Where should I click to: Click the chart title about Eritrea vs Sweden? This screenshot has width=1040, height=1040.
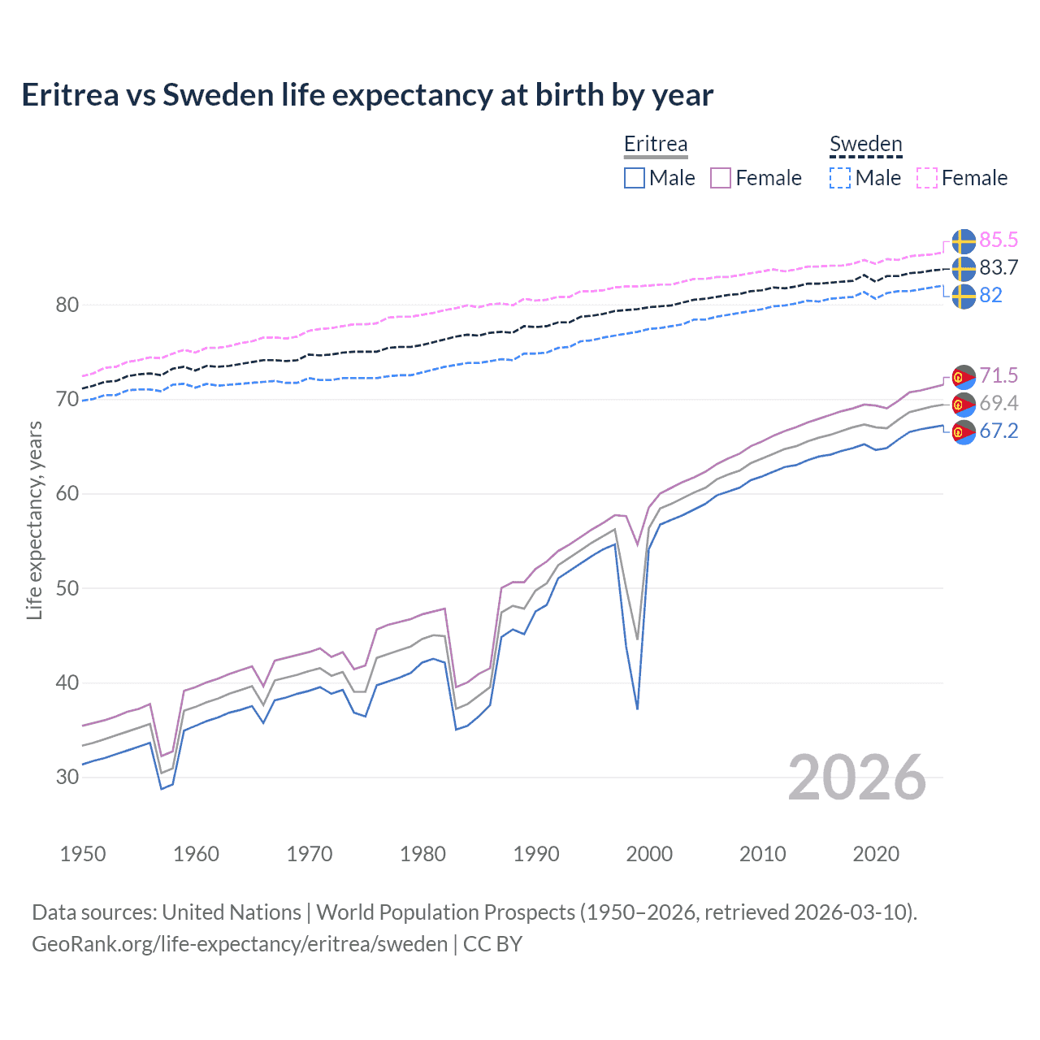[x=367, y=95]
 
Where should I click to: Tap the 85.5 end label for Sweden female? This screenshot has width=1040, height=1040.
[x=999, y=240]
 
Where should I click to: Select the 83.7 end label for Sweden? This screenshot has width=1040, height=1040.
[x=999, y=267]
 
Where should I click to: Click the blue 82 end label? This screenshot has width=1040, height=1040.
[x=990, y=295]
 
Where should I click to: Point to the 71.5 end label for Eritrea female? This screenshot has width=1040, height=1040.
[x=999, y=375]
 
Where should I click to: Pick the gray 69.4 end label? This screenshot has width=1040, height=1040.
[x=999, y=403]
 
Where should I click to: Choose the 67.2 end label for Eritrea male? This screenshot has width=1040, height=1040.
[x=999, y=431]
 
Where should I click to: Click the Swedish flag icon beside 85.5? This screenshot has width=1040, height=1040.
[x=964, y=241]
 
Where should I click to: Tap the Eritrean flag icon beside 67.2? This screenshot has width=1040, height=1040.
[x=964, y=432]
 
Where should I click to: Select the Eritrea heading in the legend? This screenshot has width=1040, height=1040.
[x=656, y=144]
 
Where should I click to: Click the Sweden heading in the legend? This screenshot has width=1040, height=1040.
[x=865, y=144]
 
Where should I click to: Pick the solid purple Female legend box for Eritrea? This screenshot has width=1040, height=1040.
[x=721, y=178]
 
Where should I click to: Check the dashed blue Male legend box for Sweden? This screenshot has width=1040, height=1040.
[x=840, y=178]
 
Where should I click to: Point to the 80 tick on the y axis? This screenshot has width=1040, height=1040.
[x=67, y=305]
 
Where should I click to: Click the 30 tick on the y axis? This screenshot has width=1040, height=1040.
[x=67, y=777]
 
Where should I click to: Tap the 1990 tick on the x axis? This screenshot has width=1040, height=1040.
[x=536, y=854]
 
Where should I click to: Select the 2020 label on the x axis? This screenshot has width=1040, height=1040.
[x=876, y=854]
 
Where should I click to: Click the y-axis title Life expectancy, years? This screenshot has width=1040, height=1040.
[x=34, y=520]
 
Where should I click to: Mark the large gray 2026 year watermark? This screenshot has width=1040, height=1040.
[x=857, y=778]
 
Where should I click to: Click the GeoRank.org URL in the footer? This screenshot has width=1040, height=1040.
[x=240, y=944]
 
